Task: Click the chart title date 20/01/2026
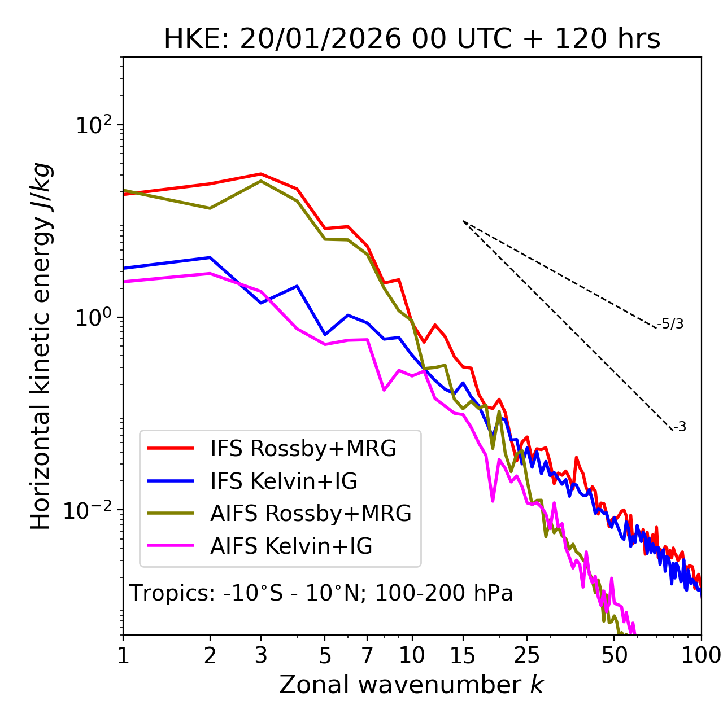(x=320, y=40)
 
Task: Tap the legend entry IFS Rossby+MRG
(x=303, y=448)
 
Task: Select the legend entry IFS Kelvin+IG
(x=284, y=481)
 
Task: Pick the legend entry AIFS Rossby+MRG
(x=311, y=513)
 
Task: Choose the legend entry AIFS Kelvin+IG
(x=291, y=546)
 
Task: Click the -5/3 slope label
(x=670, y=324)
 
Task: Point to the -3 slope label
(x=680, y=427)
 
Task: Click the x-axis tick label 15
(x=463, y=655)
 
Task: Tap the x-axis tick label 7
(x=367, y=655)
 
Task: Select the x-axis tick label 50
(x=614, y=655)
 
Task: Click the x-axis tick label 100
(x=701, y=655)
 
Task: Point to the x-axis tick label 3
(x=260, y=655)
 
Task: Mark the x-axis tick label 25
(x=527, y=655)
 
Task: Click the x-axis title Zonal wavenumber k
(x=411, y=685)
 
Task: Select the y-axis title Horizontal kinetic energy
(x=41, y=347)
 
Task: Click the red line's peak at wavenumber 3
(x=260, y=174)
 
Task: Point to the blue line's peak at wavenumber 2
(x=210, y=257)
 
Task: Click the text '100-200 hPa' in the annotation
(x=444, y=593)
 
